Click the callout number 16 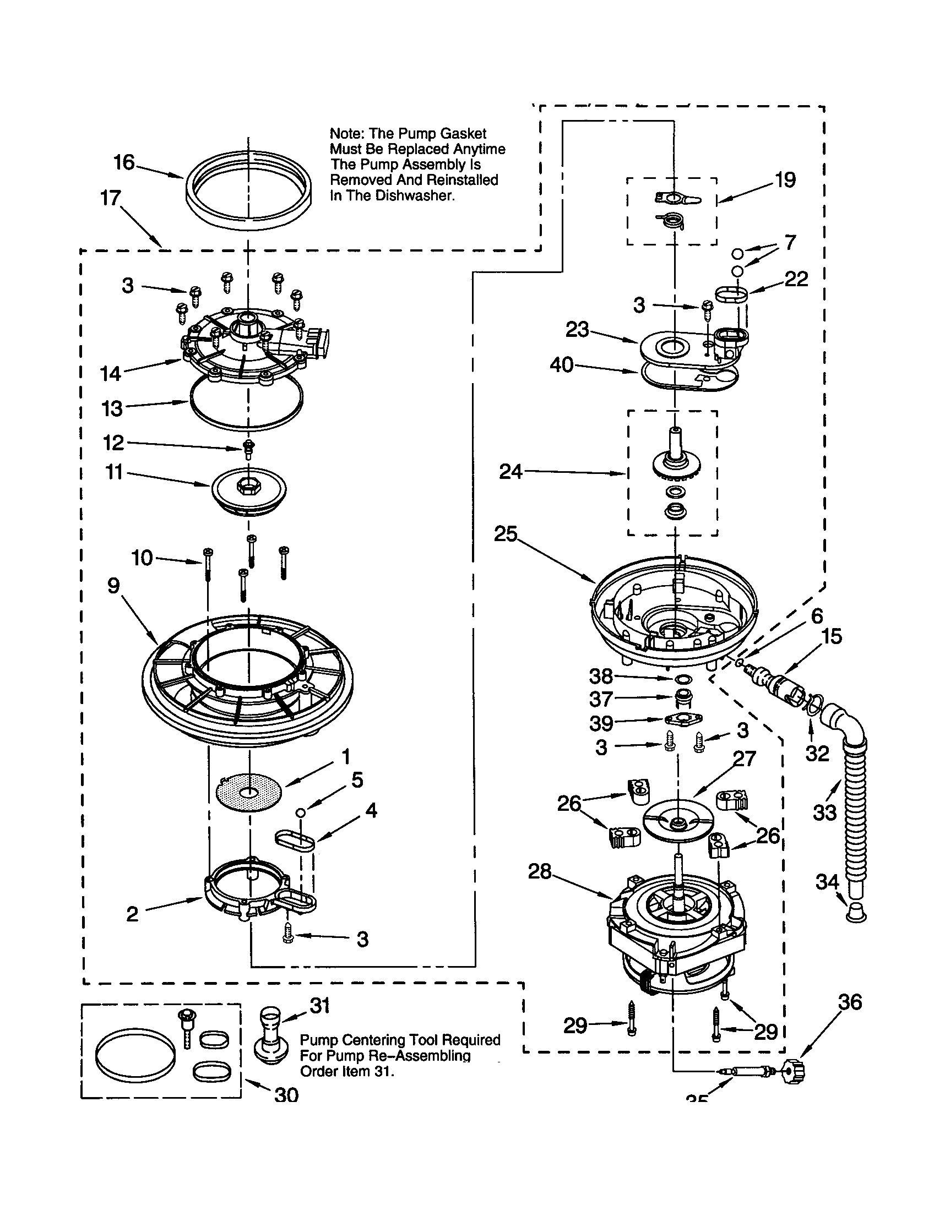[124, 162]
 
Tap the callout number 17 [110, 198]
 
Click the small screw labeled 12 [248, 446]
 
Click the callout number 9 [113, 586]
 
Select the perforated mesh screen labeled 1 [248, 790]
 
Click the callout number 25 [505, 534]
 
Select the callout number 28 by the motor [539, 872]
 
